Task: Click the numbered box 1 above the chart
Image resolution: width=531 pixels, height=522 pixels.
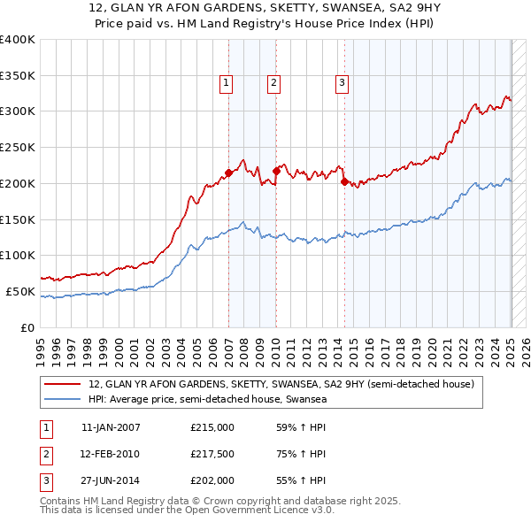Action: (227, 84)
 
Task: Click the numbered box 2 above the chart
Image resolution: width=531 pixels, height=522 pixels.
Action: (274, 84)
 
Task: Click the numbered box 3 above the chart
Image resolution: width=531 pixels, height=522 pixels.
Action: (342, 84)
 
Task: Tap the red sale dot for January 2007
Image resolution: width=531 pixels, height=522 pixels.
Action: (228, 173)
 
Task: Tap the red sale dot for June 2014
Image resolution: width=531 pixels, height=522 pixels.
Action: (343, 181)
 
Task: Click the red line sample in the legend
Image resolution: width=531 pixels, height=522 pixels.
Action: (62, 385)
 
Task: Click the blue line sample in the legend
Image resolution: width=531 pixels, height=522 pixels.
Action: (62, 399)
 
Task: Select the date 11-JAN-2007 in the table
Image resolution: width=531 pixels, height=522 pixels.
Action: (111, 427)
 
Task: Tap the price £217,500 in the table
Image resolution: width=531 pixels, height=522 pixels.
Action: (212, 454)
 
